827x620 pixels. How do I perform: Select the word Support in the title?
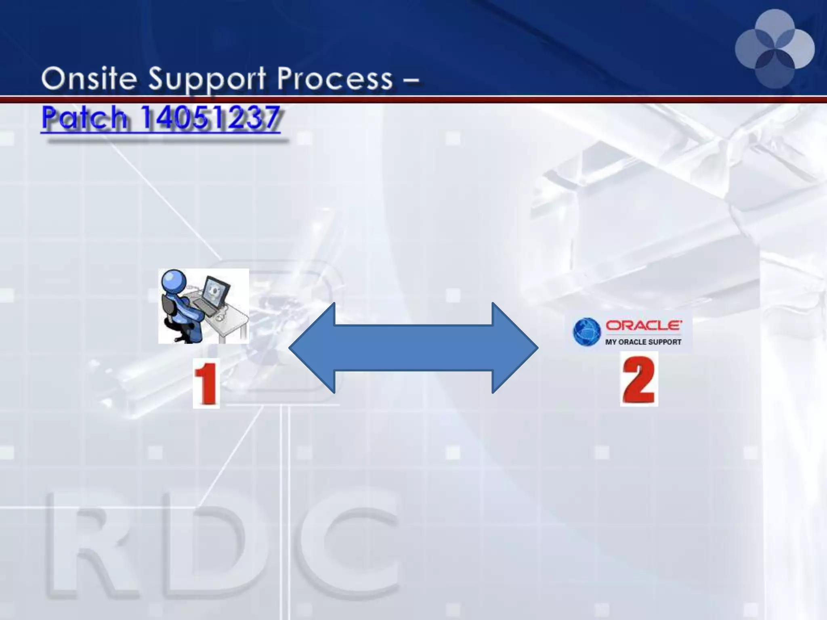[x=206, y=80]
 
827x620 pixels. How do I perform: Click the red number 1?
[x=206, y=383]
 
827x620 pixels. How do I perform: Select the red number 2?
[x=639, y=379]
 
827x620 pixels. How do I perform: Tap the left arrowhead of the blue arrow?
[x=311, y=348]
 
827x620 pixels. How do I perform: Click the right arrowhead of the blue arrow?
[x=515, y=348]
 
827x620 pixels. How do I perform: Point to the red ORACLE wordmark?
[x=644, y=325]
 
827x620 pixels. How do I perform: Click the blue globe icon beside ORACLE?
[x=587, y=332]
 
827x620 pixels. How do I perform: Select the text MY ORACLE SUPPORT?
[x=643, y=342]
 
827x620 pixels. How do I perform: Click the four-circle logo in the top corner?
[x=775, y=49]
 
